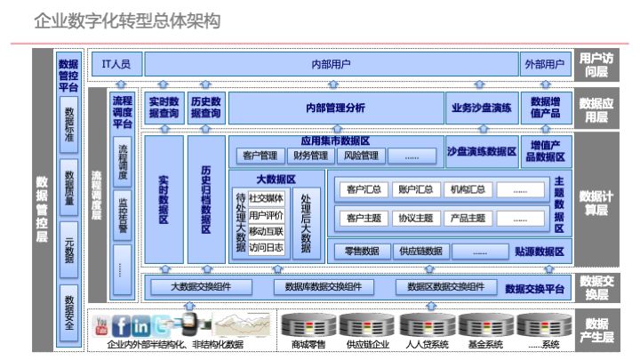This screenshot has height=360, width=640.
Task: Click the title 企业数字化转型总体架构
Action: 126,20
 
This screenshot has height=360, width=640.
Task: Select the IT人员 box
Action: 116,64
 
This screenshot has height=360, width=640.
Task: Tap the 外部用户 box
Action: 544,64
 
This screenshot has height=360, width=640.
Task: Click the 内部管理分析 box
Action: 334,108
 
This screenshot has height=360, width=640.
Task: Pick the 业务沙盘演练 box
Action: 481,108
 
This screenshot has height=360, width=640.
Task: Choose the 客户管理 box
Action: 260,156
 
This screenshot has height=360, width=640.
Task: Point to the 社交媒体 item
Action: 266,198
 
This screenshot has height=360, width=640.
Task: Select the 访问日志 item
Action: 266,247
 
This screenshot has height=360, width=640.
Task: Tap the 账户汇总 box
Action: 416,189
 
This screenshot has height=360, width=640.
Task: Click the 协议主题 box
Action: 416,218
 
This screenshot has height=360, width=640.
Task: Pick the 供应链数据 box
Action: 420,251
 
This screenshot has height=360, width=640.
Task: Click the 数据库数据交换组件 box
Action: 324,286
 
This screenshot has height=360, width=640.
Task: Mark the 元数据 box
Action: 68,251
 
